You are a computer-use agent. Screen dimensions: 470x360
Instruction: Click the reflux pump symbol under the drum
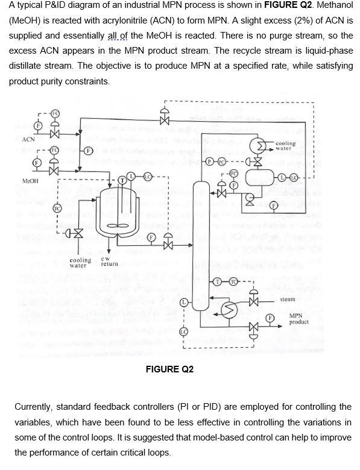[249, 196]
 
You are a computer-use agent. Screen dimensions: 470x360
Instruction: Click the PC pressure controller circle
[221, 162]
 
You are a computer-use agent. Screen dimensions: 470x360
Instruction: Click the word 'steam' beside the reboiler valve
[288, 299]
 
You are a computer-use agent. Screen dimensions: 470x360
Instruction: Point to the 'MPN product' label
[299, 319]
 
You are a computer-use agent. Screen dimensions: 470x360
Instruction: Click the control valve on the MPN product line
[253, 329]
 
